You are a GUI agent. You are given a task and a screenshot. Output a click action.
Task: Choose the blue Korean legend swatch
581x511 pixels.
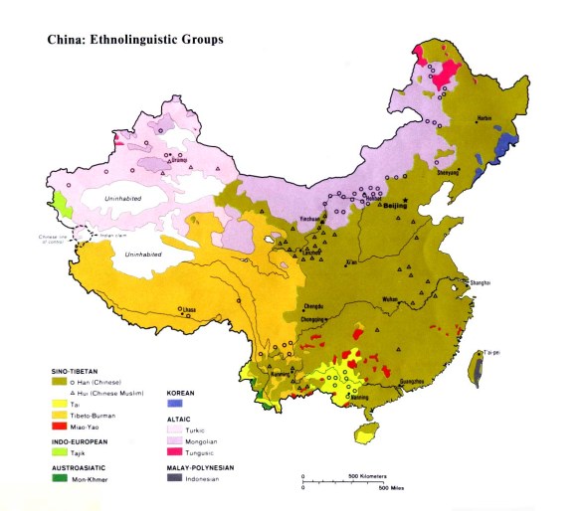point(176,406)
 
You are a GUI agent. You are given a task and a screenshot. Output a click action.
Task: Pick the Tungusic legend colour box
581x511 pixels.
point(176,451)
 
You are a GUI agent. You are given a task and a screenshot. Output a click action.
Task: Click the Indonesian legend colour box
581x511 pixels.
point(176,478)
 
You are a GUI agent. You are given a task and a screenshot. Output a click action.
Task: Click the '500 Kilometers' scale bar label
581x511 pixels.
point(367,477)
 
